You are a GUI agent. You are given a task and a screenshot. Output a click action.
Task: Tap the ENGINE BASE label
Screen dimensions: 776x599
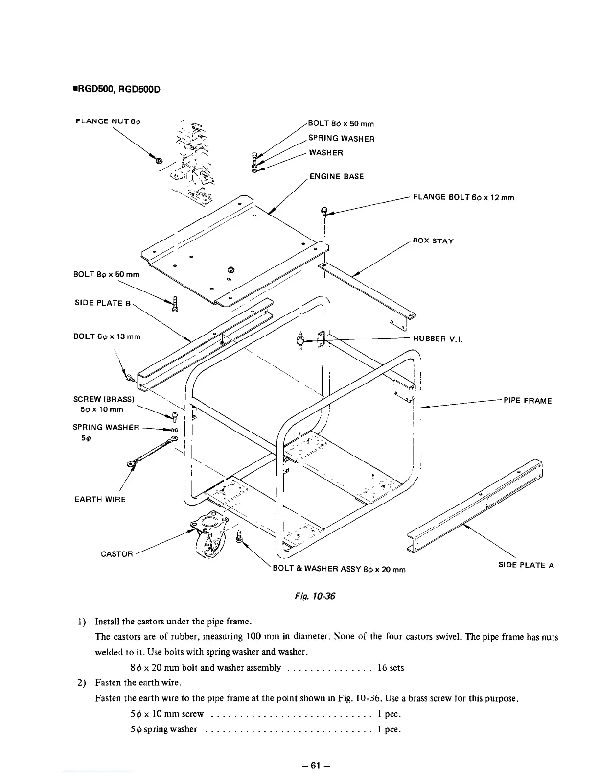click(337, 176)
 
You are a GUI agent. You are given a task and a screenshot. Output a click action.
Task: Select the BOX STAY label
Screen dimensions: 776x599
click(433, 241)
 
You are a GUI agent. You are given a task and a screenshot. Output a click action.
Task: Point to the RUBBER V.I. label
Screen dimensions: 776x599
click(438, 338)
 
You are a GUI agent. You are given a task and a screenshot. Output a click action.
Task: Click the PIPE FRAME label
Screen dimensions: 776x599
click(528, 401)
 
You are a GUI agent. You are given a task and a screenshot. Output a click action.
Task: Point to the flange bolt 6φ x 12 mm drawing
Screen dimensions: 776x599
click(323, 212)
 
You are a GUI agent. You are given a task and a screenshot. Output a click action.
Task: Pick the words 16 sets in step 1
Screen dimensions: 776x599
click(391, 667)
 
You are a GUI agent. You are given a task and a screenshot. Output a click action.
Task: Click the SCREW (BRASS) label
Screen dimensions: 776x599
click(100, 399)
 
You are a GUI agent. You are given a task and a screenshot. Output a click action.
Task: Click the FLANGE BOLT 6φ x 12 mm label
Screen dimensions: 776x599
click(463, 197)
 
